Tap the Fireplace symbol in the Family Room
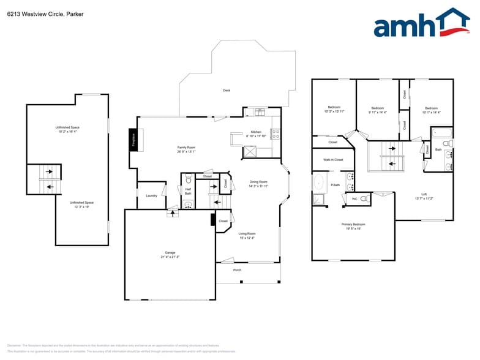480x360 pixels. point(132,139)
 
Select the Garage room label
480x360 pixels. point(170,252)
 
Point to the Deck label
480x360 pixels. point(227,91)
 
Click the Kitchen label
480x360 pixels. point(256,132)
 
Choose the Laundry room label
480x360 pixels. point(151,196)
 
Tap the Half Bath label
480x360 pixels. point(188,191)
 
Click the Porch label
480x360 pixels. point(237,270)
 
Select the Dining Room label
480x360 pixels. point(258,182)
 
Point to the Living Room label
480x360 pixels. point(247,233)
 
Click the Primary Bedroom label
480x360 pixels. point(353,225)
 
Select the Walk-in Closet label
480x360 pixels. point(333,160)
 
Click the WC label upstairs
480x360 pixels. point(354,199)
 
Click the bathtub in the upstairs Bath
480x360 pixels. point(441,132)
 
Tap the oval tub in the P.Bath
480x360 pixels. point(318,182)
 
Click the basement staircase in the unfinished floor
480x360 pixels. point(49,179)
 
